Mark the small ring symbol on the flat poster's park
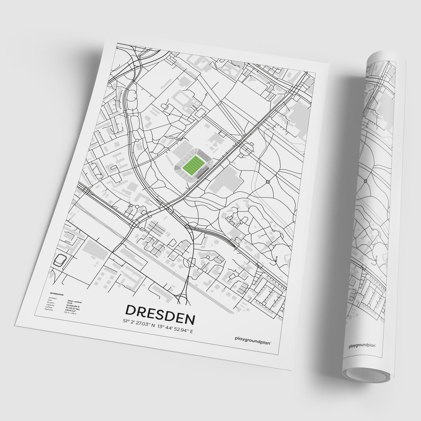pyautogui.click(x=268, y=182)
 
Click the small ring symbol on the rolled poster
pyautogui.click(x=365, y=181)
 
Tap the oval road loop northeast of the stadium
pyautogui.click(x=247, y=148)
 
